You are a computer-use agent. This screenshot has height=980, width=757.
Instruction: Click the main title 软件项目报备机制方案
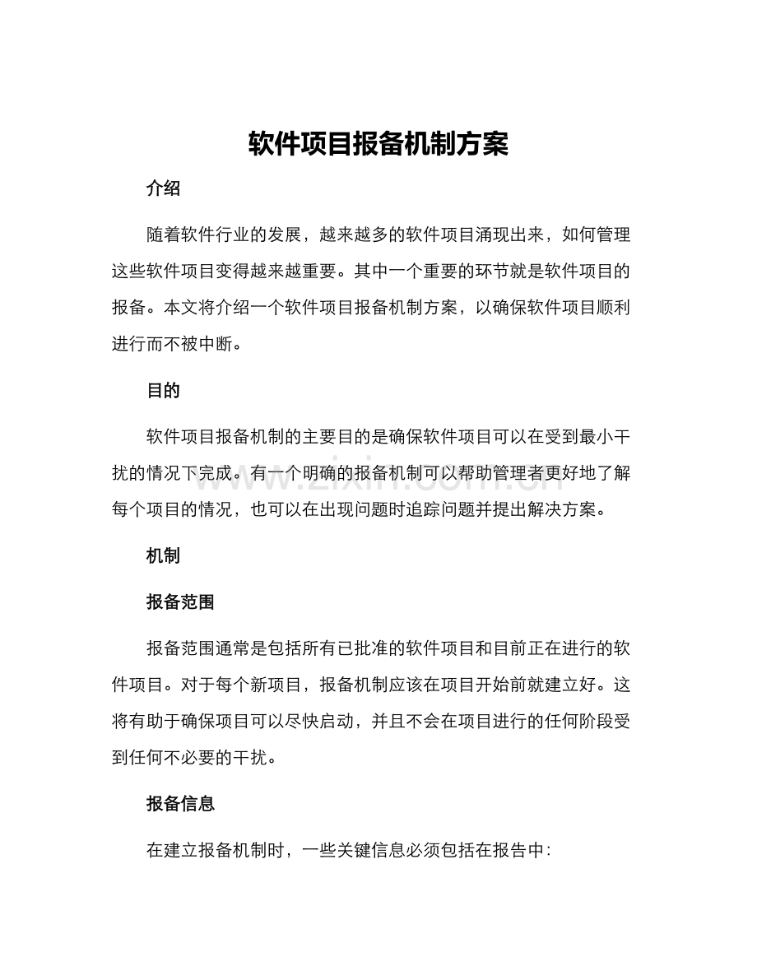tap(378, 145)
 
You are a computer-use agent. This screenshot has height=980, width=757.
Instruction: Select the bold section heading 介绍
tap(163, 188)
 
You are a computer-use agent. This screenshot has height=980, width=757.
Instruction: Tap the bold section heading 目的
tap(163, 391)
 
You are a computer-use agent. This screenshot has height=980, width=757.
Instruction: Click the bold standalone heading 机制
tap(163, 555)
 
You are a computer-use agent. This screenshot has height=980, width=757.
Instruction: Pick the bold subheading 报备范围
tap(180, 601)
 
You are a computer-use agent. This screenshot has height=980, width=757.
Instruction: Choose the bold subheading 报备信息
tap(180, 804)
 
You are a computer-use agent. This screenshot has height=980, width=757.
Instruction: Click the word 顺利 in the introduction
tap(611, 308)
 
